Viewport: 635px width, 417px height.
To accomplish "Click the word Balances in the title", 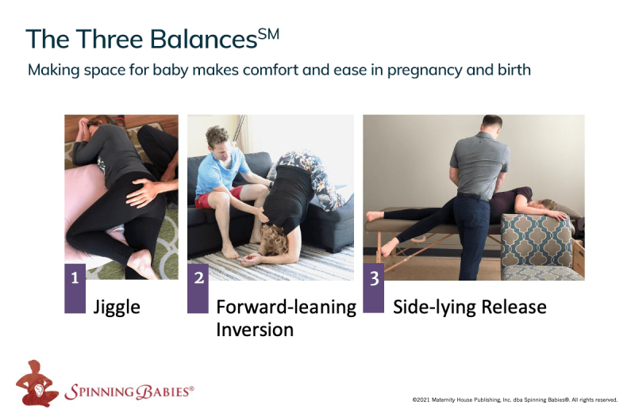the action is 204,39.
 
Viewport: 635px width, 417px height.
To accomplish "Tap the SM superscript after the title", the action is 268,34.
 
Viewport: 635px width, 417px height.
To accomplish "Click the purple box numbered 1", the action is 75,289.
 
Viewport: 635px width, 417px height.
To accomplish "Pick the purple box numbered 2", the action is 198,289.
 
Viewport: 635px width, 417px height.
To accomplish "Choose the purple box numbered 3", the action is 373,288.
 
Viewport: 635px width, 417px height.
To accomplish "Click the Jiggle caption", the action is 117,308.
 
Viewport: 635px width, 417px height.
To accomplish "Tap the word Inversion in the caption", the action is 255,330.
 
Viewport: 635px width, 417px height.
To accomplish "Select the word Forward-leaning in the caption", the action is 287,308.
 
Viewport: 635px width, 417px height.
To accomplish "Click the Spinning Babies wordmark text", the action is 129,392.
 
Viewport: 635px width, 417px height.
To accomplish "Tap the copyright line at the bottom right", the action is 514,400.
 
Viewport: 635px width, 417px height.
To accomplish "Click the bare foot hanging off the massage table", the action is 389,247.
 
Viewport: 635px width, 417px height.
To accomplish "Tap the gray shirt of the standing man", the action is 480,165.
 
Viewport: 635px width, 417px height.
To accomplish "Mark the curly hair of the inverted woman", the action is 275,240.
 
